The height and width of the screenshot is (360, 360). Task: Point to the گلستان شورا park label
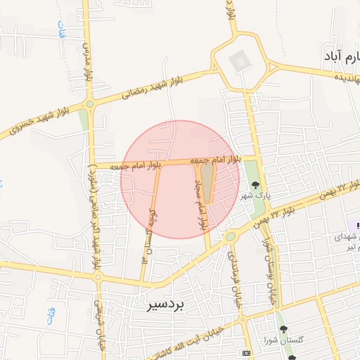tap(283, 341)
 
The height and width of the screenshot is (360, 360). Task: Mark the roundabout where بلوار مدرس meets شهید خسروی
tap(90, 105)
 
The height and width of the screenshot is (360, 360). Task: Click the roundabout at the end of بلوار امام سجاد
tap(230, 237)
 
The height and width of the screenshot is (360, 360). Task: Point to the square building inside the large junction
tap(240, 61)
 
